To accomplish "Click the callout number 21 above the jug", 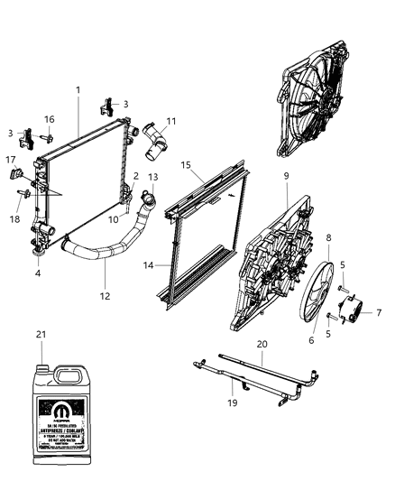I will click(x=40, y=336).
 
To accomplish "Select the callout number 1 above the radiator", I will click(x=78, y=89).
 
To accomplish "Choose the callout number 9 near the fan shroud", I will click(x=285, y=177).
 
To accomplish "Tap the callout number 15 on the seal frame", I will click(x=187, y=165).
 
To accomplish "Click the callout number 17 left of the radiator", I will click(x=13, y=161).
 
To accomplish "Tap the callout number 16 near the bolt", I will click(x=51, y=118).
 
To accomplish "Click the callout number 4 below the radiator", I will click(x=38, y=273).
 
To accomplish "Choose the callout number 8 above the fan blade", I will click(x=328, y=237).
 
